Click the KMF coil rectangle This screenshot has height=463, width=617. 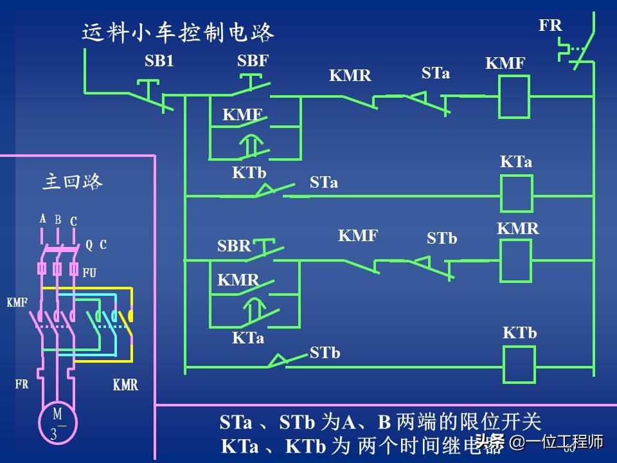tap(514, 96)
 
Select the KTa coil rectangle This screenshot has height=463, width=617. tap(516, 194)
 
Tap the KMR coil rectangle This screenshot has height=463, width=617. tap(515, 260)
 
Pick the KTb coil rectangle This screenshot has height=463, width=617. tap(519, 365)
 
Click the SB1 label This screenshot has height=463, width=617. tap(159, 61)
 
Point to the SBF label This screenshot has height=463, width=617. tap(253, 61)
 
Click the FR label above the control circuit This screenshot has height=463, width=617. tap(550, 26)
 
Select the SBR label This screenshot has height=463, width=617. tap(233, 246)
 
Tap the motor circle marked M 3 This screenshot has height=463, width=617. tap(57, 422)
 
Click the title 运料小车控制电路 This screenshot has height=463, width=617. tap(178, 32)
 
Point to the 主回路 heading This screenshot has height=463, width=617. tap(73, 182)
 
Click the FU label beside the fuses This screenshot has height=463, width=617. tap(89, 273)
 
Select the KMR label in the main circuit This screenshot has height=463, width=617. tap(125, 385)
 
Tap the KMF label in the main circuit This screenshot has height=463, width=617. tap(17, 302)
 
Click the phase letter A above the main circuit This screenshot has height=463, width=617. tap(43, 219)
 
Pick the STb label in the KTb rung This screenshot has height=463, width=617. tap(325, 352)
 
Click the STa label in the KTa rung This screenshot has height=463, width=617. tap(323, 183)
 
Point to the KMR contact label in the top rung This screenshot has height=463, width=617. tap(350, 75)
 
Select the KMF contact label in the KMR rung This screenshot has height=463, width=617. tap(358, 235)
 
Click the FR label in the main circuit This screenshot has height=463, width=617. tap(22, 385)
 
